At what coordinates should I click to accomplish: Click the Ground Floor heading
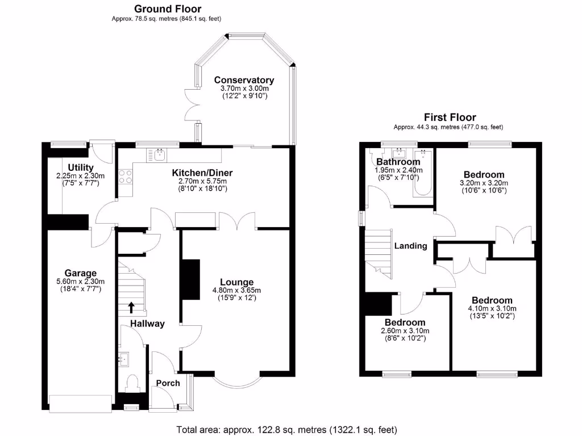coord(167,9)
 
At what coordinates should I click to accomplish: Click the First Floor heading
coord(450,118)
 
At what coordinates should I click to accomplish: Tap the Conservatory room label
coord(244,80)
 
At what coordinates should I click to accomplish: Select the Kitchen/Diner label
coord(202,173)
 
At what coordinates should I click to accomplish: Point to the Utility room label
coord(80,167)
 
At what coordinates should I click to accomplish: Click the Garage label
coord(80,273)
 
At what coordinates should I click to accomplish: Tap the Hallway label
coord(147,324)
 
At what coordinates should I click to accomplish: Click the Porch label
coord(168,383)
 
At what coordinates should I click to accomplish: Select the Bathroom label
coord(398,162)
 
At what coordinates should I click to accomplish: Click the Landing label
coord(410,246)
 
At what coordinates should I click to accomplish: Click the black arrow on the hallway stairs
coord(132,307)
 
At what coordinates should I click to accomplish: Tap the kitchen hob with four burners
coord(125,177)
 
